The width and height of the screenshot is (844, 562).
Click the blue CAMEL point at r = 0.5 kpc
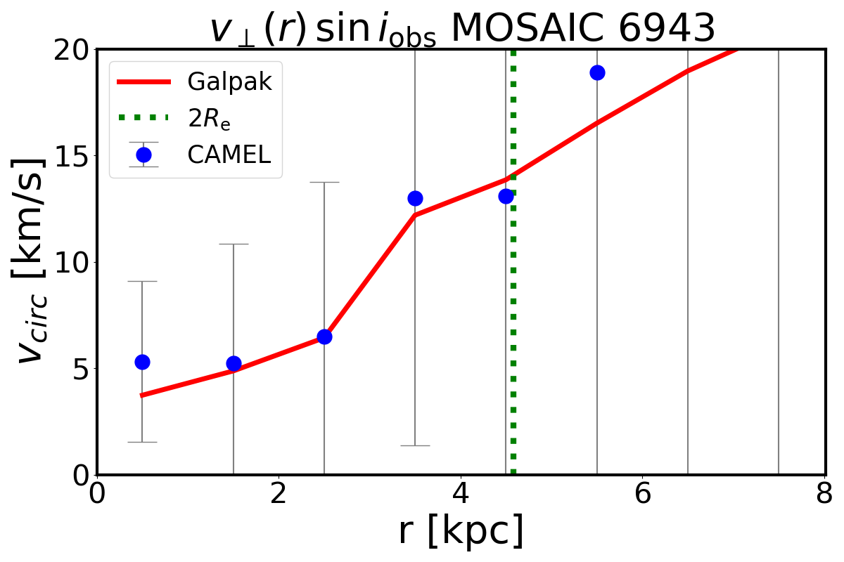coord(142,362)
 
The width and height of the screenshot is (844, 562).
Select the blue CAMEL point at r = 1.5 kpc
coord(234,363)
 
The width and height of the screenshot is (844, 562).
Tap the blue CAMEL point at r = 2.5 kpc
coord(324,336)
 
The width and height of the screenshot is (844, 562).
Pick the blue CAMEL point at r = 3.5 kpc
coord(415,198)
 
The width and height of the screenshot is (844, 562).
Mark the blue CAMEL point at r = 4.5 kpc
coord(506,196)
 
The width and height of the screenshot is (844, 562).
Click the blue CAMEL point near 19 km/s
coord(597,72)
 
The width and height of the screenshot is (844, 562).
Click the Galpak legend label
coord(229,82)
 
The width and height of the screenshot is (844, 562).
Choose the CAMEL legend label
coord(229,155)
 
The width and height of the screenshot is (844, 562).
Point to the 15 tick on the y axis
coord(70,156)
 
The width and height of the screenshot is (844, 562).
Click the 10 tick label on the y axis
coord(70,262)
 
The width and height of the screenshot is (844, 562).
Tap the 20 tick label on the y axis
coord(70,50)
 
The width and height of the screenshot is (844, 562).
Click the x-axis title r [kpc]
coord(461,532)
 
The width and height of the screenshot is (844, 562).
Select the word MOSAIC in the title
coord(515,30)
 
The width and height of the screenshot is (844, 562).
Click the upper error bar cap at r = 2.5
coord(324,182)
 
